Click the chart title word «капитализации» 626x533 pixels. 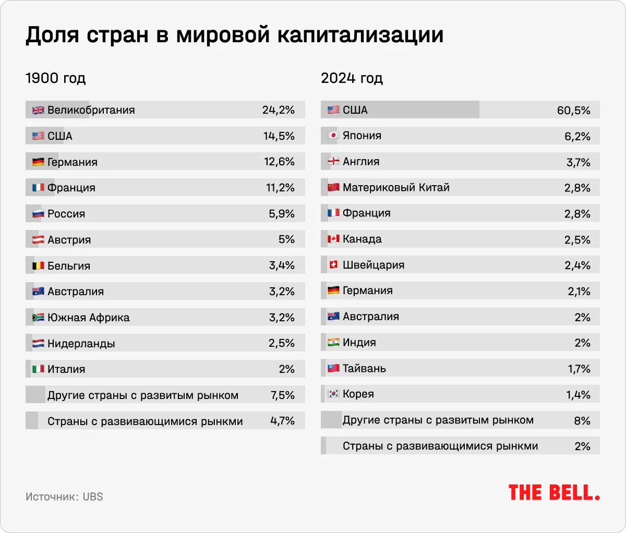coord(360,35)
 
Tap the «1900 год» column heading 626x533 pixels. coord(55,78)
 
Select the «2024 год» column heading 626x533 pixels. coord(352,78)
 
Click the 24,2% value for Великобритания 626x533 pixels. coord(279,110)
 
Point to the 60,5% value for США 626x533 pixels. coord(574,111)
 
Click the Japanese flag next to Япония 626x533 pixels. coord(333,136)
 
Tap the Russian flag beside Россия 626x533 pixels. coord(38,214)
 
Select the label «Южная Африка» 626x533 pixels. coord(88,318)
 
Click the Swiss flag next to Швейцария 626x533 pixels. coord(333,265)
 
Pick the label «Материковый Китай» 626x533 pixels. coord(396,187)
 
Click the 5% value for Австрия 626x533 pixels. coord(286,239)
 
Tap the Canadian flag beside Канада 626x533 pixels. coord(333,239)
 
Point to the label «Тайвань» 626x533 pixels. coord(364,368)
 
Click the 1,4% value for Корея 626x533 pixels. coord(578,395)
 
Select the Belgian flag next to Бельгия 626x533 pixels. coord(38,265)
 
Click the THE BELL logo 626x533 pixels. coord(554,493)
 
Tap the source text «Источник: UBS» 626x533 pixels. coord(64,497)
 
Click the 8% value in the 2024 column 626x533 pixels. coord(582,421)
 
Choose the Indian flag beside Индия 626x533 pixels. coord(333,343)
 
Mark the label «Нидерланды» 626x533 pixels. coord(81,343)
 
